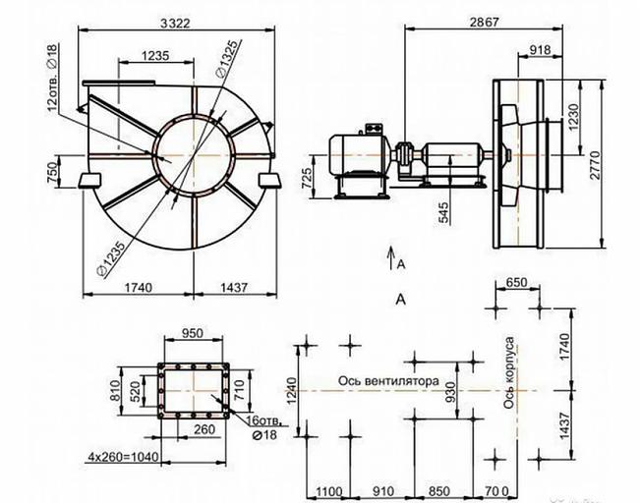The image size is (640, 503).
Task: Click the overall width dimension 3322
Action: point(175,24)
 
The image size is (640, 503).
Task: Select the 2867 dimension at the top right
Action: point(484,22)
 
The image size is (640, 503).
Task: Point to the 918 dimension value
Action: point(540,50)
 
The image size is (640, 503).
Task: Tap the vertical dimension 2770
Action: point(595,165)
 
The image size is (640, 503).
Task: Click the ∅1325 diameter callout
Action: point(226,58)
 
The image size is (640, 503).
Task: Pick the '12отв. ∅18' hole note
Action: point(53,78)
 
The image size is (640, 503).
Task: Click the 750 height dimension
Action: point(53,172)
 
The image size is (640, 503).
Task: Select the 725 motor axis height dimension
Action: point(306,178)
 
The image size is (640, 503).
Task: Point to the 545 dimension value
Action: point(443,213)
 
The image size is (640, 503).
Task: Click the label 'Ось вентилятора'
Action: point(388,381)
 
